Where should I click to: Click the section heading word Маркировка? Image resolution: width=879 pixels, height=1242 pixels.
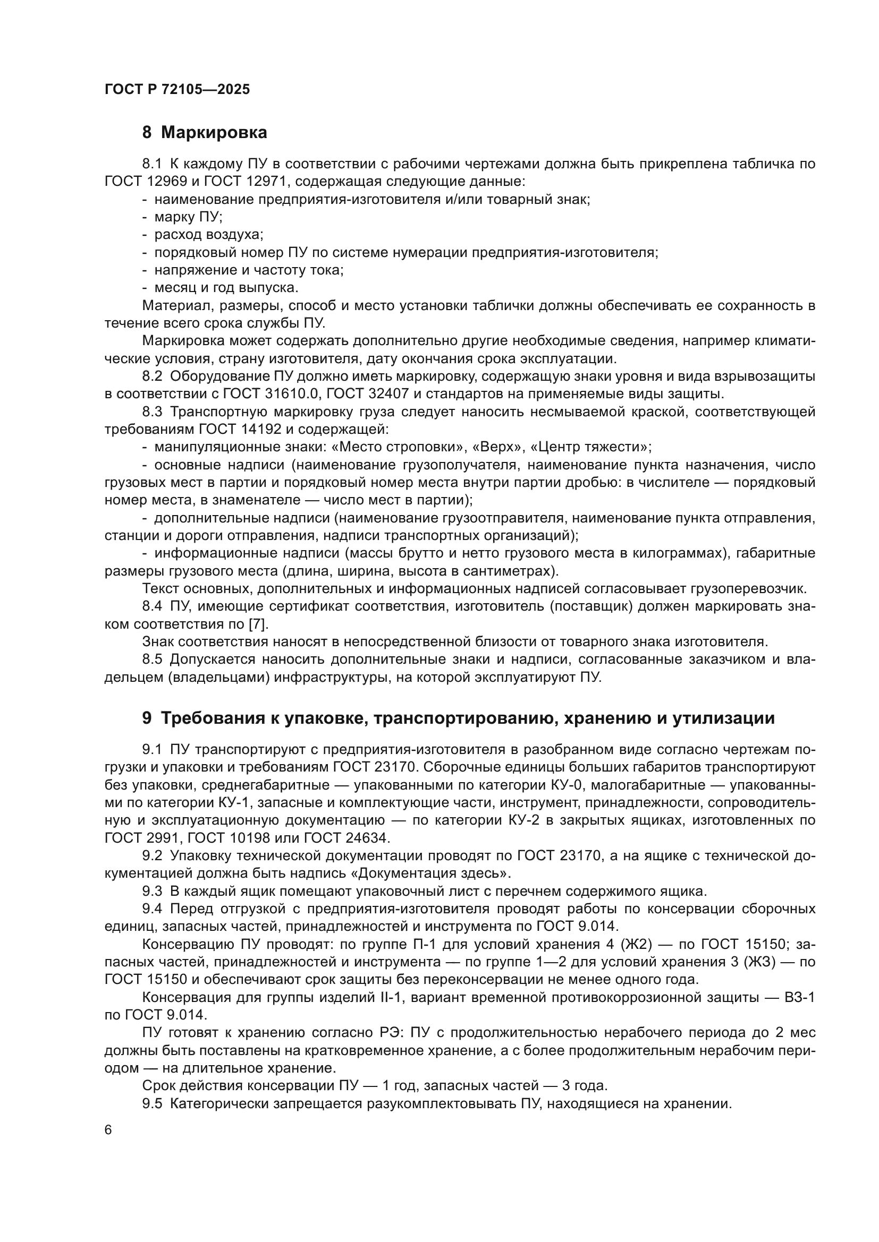(214, 133)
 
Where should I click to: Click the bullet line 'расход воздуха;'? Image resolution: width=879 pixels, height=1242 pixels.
(208, 235)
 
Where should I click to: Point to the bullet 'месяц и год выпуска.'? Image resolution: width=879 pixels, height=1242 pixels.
(226, 287)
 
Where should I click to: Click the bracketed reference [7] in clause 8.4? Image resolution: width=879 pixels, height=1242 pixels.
(257, 624)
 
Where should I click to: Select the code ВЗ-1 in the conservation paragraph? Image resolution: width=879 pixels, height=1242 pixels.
(799, 998)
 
